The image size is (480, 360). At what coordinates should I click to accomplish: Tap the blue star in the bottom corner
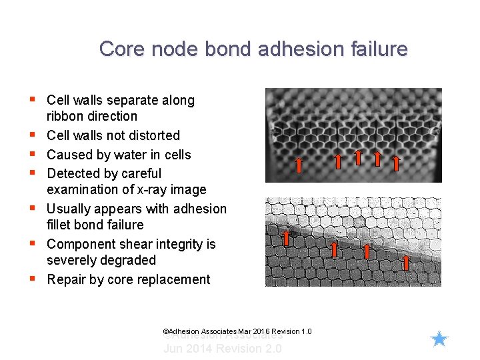point(439,339)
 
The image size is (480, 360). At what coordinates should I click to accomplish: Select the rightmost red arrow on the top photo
point(395,164)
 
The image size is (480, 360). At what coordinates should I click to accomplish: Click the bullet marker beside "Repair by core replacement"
point(32,279)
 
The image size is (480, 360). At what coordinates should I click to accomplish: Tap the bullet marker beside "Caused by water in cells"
point(32,154)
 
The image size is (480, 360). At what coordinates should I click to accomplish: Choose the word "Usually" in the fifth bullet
point(70,209)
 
